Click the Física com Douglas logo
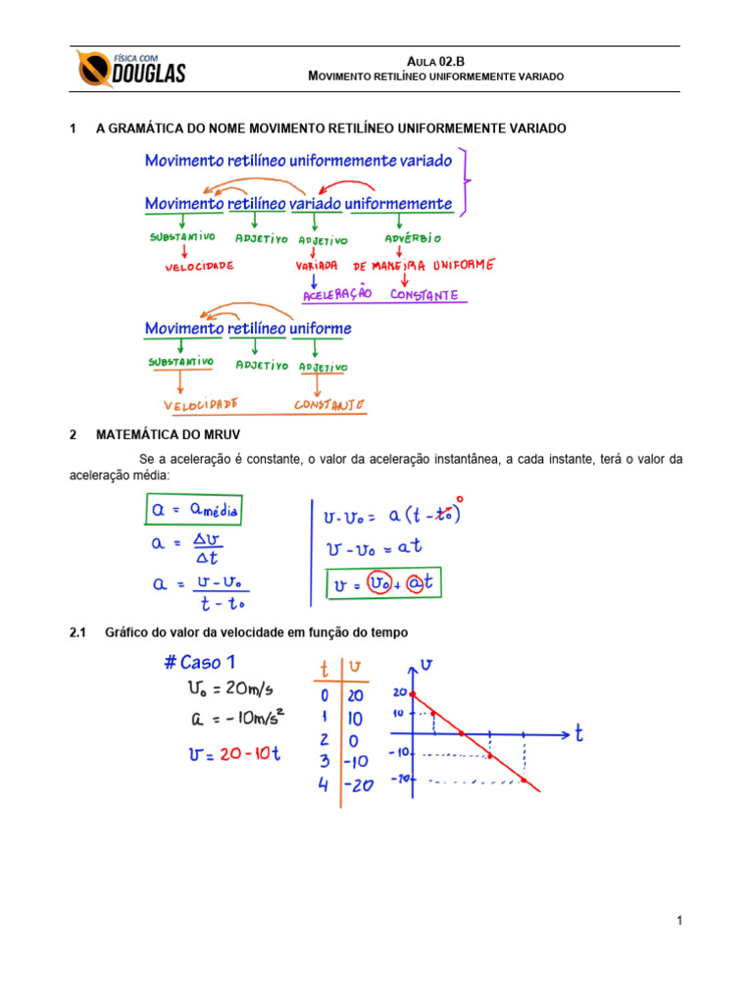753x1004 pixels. tap(130, 69)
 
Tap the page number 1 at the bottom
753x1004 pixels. tap(678, 921)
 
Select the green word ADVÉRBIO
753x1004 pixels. tap(415, 238)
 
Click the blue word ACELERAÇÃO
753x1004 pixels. tap(338, 293)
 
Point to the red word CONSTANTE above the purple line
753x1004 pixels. tap(424, 293)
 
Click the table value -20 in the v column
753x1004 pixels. tap(357, 785)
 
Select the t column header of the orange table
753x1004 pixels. tap(325, 670)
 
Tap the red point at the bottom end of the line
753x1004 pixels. tap(525, 781)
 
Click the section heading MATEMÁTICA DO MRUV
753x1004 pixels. tap(168, 433)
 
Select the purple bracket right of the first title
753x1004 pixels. tap(469, 181)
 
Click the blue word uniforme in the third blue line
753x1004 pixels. tap(321, 328)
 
